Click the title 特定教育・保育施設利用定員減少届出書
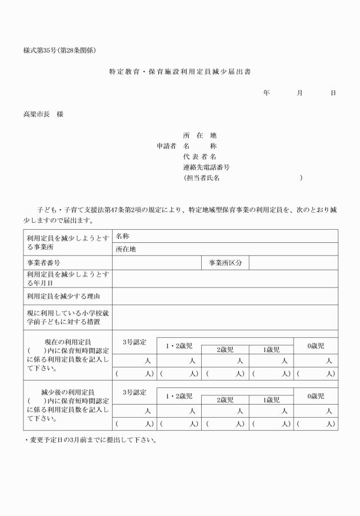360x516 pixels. pos(180,73)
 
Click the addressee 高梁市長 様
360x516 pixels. pos(43,114)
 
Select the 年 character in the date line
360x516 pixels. pos(266,93)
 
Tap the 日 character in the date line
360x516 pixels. pos(333,93)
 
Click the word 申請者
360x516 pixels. pos(166,146)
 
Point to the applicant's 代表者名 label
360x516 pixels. pos(199,157)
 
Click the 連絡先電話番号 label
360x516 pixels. pos(206,167)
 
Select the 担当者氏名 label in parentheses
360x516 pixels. pos(202,178)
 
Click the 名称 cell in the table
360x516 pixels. pos(122,236)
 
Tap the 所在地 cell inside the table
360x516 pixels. pos(126,249)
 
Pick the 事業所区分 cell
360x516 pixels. pos(225,263)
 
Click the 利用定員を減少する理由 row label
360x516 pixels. pos(63,296)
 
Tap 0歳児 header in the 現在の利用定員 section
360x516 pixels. pos(315,346)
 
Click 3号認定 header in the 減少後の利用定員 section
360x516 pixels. pos(134,393)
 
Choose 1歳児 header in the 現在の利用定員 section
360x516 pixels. pos(270,350)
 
